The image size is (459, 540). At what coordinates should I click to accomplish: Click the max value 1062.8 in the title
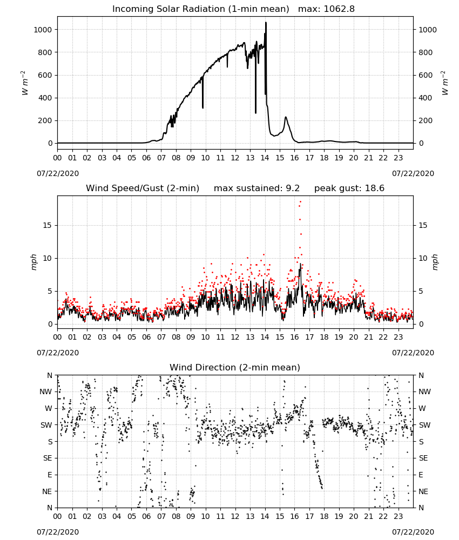339,9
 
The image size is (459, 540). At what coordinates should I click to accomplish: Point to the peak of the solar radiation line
266,23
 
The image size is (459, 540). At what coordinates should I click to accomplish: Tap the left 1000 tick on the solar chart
43,30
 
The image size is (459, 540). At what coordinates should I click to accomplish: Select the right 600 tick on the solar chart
426,75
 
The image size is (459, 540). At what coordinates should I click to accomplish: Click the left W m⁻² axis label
25,83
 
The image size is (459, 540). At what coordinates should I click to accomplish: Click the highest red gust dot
301,202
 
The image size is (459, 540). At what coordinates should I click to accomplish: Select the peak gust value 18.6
374,188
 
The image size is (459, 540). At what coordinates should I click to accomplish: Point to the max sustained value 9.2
293,188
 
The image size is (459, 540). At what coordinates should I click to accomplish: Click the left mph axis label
33,262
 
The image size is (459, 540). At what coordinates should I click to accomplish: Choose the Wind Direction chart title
235,367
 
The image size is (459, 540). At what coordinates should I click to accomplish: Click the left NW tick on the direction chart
46,392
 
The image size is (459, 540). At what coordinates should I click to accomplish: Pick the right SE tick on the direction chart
423,458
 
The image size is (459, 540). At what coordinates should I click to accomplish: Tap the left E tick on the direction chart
50,475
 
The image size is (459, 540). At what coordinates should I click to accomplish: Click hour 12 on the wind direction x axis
235,517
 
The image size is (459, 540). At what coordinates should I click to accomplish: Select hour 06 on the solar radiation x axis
146,158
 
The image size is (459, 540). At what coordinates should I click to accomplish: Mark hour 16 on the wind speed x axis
294,337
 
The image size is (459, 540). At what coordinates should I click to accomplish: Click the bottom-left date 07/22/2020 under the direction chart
58,532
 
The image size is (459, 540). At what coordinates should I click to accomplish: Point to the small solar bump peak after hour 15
286,117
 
